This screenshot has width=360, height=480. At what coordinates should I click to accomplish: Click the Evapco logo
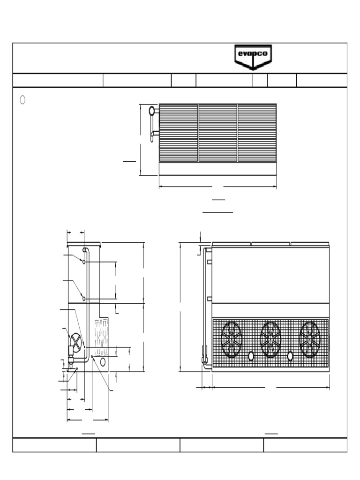pos(253,57)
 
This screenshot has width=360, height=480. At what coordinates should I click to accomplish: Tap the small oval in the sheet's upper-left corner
pos(22,100)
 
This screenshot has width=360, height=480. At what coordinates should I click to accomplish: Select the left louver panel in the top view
pos(179,133)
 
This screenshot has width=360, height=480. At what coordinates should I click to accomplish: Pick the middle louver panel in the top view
pos(218,133)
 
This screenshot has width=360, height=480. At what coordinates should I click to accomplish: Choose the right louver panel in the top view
pos(257,133)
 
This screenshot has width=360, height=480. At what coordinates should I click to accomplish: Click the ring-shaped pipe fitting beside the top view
pos(152,111)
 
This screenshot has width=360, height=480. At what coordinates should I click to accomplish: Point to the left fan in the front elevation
pos(232,339)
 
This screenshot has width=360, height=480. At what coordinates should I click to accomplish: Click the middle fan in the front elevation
pos(270,339)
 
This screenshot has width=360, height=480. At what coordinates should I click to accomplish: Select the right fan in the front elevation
pos(310,339)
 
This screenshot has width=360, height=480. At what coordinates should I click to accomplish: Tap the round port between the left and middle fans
pos(251,356)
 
